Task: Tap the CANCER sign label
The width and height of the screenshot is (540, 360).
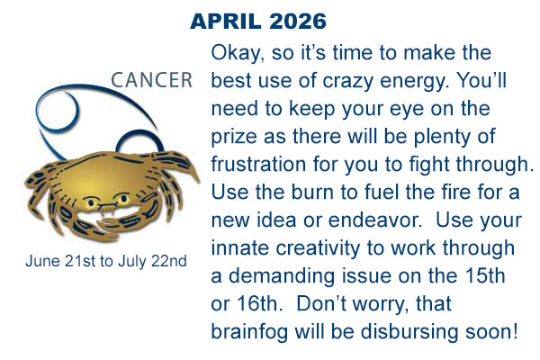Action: pos(152,80)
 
